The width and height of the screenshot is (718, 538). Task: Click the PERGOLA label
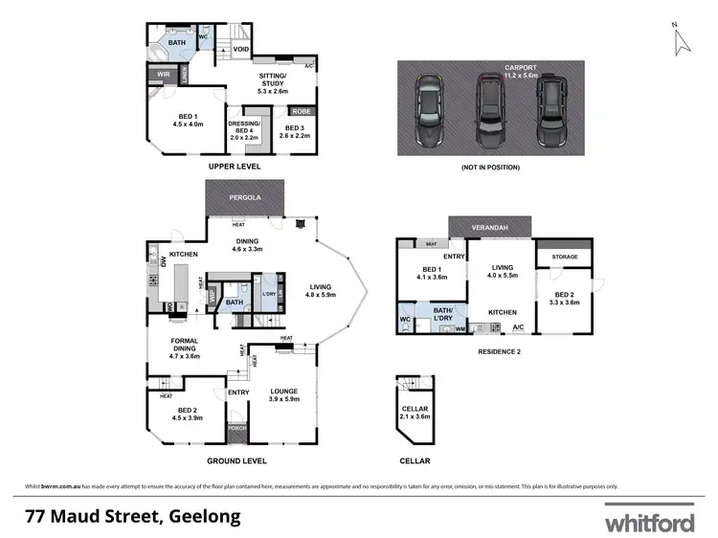[246, 199]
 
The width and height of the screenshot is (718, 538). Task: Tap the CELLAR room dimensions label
[415, 413]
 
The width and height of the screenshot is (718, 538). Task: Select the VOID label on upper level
[241, 49]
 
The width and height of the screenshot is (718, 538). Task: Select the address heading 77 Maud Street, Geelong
[132, 517]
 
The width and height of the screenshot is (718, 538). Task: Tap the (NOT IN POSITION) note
[490, 167]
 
